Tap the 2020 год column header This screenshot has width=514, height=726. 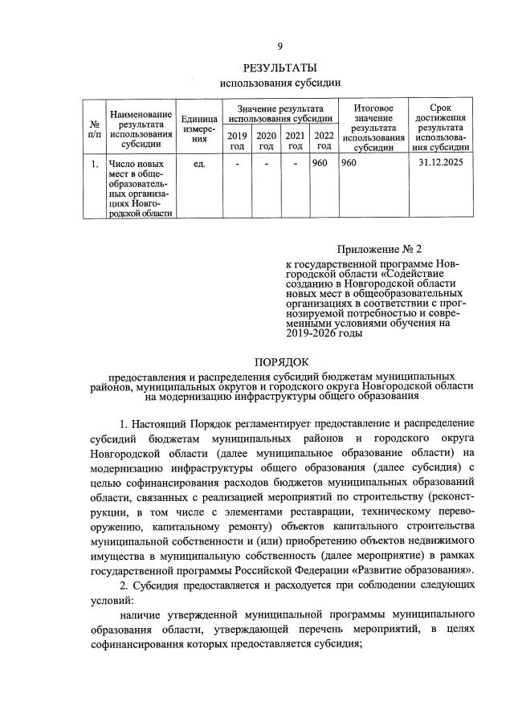(267, 140)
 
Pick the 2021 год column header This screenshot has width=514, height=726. (296, 140)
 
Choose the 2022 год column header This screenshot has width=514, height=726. (324, 140)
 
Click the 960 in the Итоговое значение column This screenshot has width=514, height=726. (349, 165)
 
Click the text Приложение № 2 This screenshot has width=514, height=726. (373, 251)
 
